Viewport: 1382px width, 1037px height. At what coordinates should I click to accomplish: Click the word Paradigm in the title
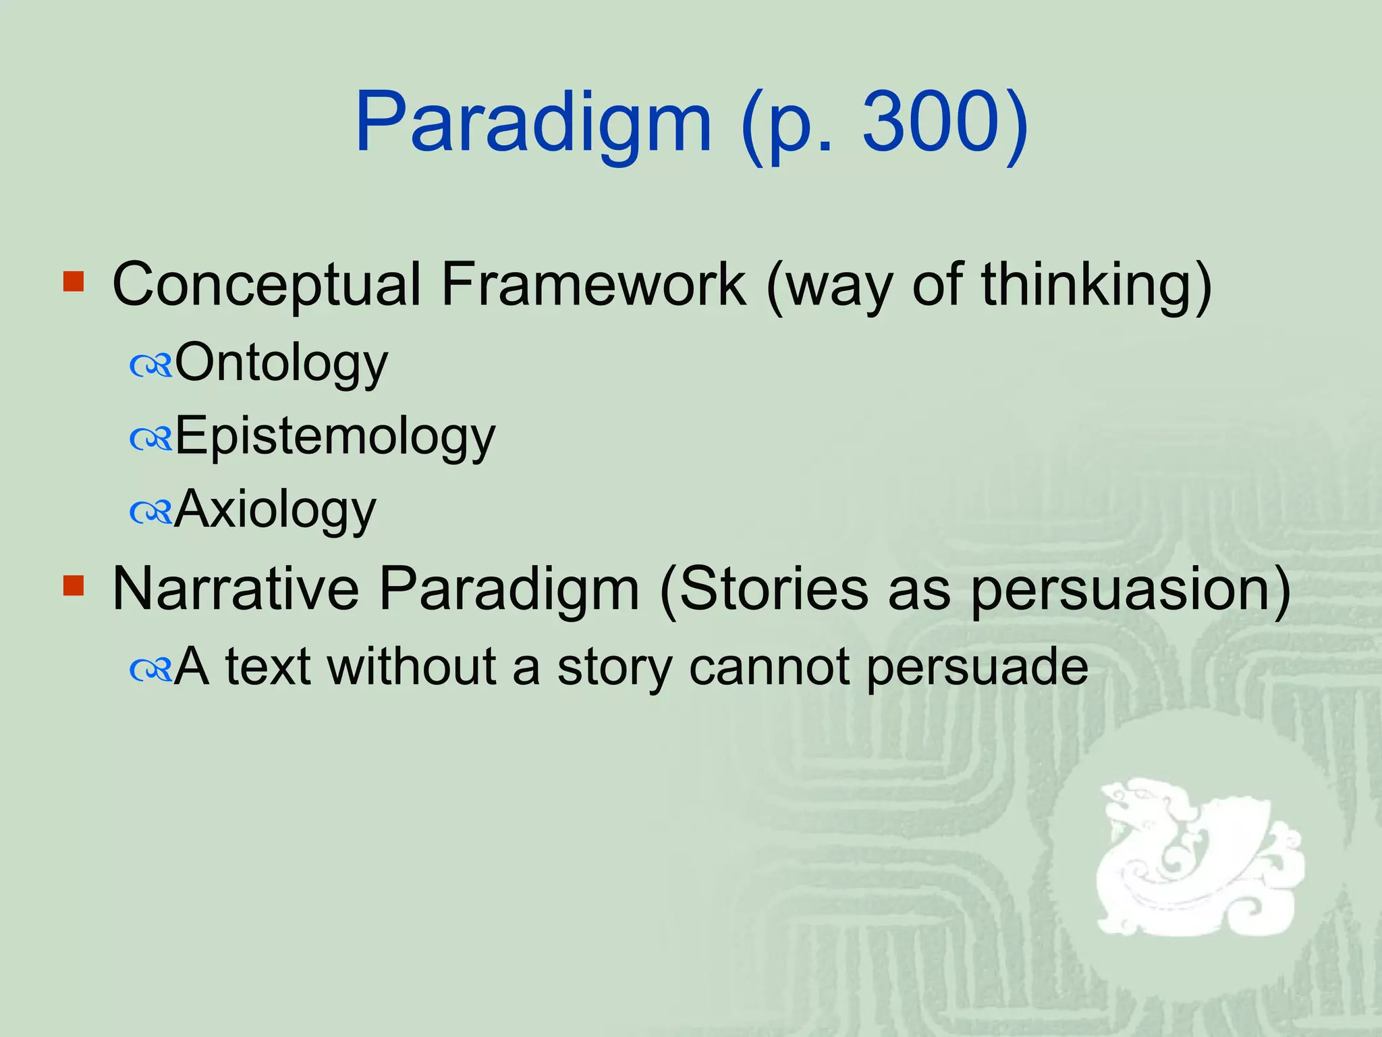pyautogui.click(x=533, y=125)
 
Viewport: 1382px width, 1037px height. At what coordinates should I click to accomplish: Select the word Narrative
pyautogui.click(x=235, y=589)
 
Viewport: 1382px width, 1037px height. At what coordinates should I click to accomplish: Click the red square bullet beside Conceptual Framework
pyautogui.click(x=73, y=281)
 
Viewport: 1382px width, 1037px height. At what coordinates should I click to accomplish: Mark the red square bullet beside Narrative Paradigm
pyautogui.click(x=73, y=585)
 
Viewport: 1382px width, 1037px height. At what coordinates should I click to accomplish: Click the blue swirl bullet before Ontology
pyautogui.click(x=151, y=367)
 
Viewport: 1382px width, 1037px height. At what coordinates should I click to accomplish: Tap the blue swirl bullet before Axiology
pyautogui.click(x=151, y=513)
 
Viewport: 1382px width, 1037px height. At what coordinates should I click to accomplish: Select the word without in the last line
pyautogui.click(x=412, y=667)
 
